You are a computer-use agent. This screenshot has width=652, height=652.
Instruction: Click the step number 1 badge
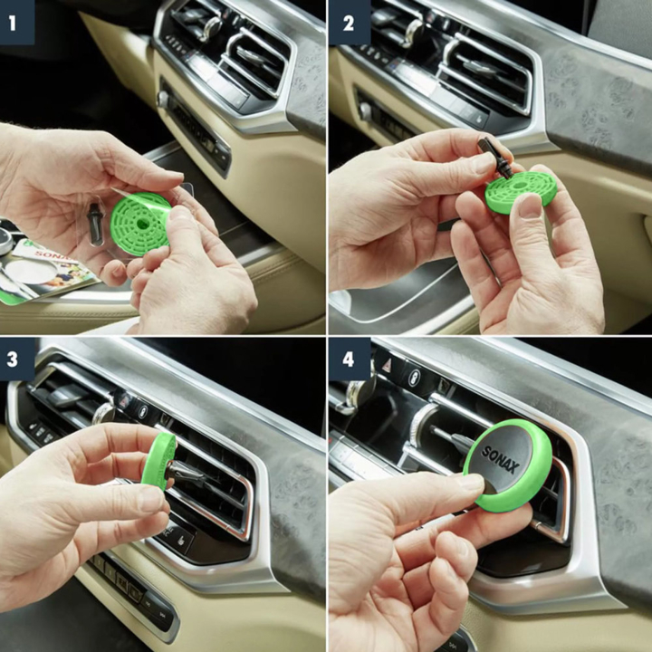(16, 22)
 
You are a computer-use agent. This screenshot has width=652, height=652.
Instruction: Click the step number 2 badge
(350, 22)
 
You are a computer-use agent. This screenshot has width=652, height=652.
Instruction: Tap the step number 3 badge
(16, 359)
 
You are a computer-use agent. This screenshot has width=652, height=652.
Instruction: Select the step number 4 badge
(350, 359)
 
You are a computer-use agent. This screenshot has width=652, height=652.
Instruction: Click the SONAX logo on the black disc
(500, 459)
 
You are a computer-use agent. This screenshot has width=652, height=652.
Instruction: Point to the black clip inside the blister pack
(95, 223)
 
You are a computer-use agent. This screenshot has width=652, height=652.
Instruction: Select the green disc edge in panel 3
(158, 461)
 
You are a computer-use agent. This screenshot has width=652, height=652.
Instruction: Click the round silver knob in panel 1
(163, 100)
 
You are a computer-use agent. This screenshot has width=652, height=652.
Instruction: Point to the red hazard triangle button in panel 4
(388, 361)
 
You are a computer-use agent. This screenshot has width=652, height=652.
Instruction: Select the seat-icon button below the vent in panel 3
(180, 541)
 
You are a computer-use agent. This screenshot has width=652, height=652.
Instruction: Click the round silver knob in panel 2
(366, 111)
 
